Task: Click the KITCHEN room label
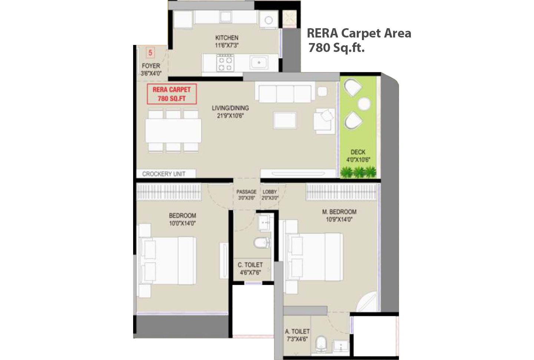coord(227,38)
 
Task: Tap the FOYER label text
coord(151,66)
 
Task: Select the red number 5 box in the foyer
coord(150,53)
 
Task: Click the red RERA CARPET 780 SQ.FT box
coord(172,94)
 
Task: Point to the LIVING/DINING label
coord(230,108)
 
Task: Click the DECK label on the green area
coord(358,152)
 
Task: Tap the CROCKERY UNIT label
coord(164,174)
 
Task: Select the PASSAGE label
coord(246,192)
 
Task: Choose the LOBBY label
coord(270,192)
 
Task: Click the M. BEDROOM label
coord(339,212)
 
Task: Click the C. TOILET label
coord(250,265)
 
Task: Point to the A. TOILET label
coord(297,331)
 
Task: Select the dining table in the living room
coord(173,130)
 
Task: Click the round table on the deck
coord(363,104)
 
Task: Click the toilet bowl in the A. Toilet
coord(320,344)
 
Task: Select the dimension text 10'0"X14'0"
coord(182,223)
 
